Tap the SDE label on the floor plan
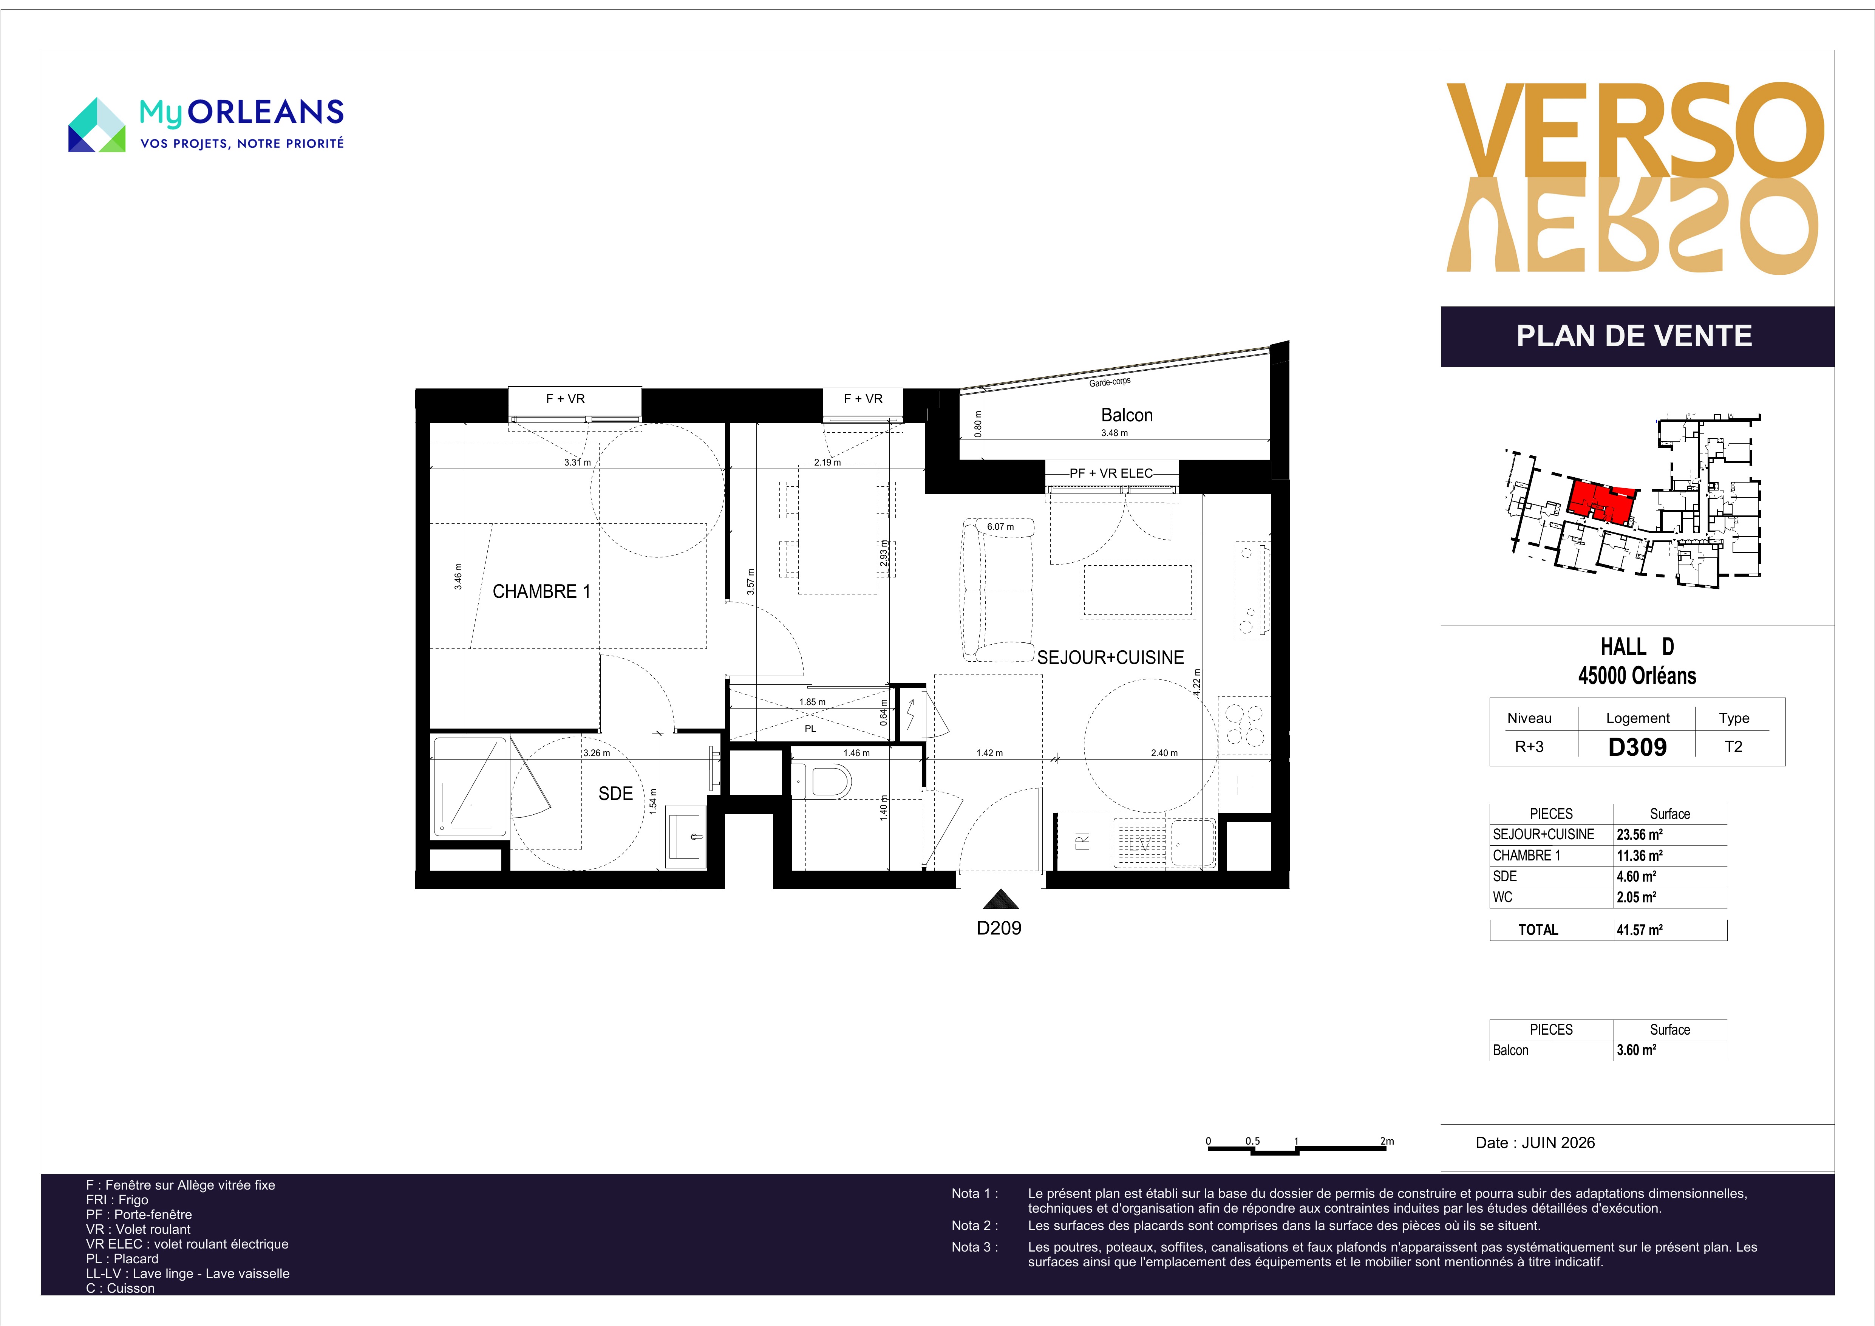coord(616,793)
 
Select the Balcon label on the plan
coord(1127,415)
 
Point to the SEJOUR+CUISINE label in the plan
coord(1111,658)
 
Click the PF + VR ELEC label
coord(1111,473)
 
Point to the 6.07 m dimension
coord(1000,527)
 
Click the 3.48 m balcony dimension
coord(1115,433)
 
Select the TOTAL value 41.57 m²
coord(1640,930)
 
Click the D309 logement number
coord(1637,747)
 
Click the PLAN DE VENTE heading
coord(1634,336)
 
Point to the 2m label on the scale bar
coord(1387,1141)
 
